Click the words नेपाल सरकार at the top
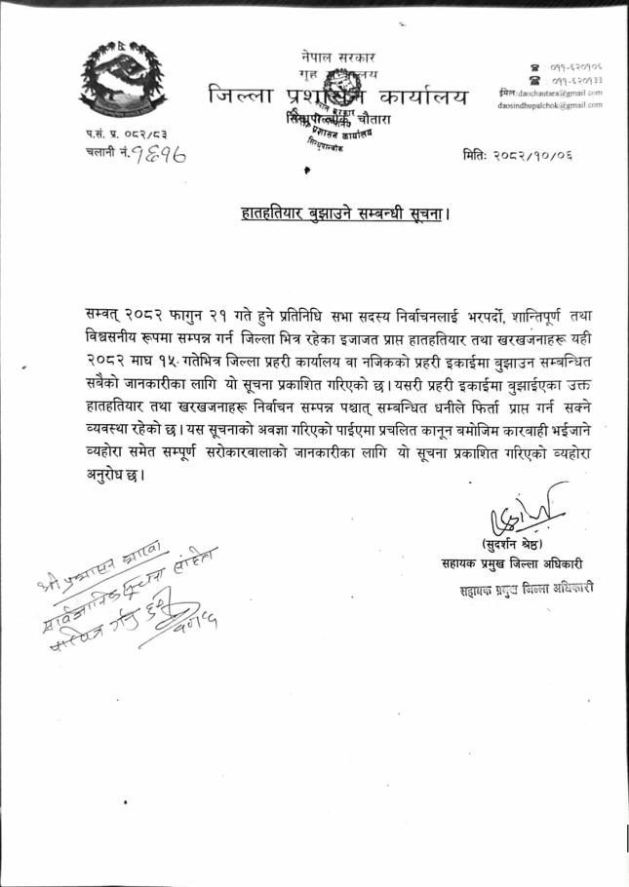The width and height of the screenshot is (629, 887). tap(338, 58)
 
